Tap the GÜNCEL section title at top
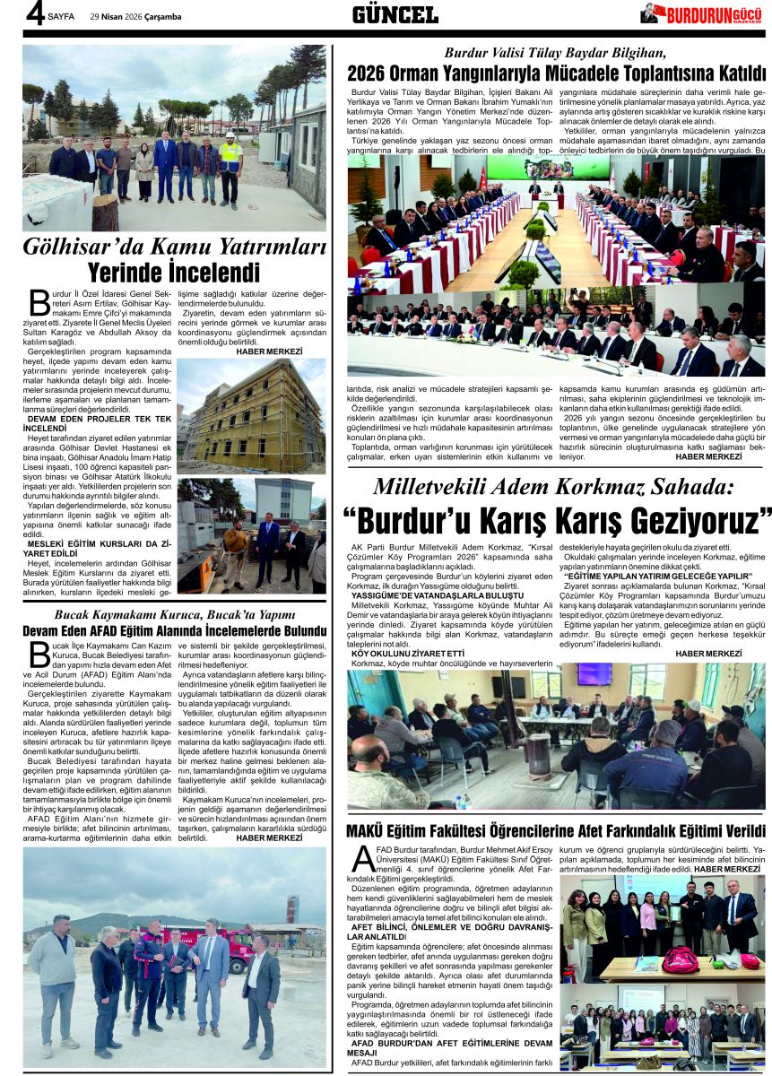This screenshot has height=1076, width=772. coord(395,14)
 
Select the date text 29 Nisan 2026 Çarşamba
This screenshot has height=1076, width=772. coord(135,16)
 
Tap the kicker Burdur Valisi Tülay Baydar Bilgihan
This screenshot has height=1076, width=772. coord(556,52)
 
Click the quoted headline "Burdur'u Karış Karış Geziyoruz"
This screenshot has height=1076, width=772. coord(556,519)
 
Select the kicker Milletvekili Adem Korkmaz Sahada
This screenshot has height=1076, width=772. coord(553,488)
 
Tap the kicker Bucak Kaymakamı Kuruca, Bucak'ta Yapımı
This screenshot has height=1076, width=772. coord(175,614)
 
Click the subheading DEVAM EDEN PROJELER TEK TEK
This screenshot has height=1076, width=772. coord(99,419)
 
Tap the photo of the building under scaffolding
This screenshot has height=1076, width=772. coord(251,416)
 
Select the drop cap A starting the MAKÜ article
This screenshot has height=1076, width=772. coord(363,858)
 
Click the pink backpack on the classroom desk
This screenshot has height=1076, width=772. coord(681,959)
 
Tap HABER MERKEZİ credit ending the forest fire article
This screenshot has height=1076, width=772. coord(708,456)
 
